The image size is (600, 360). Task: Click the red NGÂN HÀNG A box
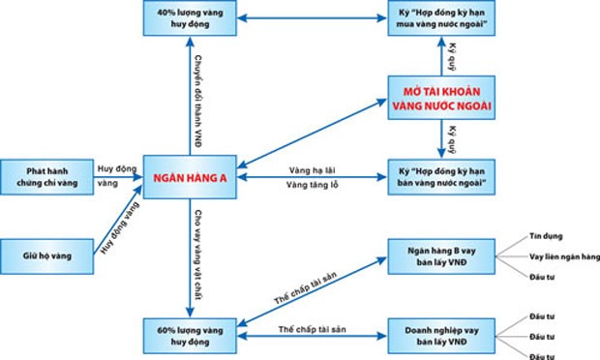189,177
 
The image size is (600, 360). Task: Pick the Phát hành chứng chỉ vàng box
46,176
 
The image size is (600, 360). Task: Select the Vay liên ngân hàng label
564,256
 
